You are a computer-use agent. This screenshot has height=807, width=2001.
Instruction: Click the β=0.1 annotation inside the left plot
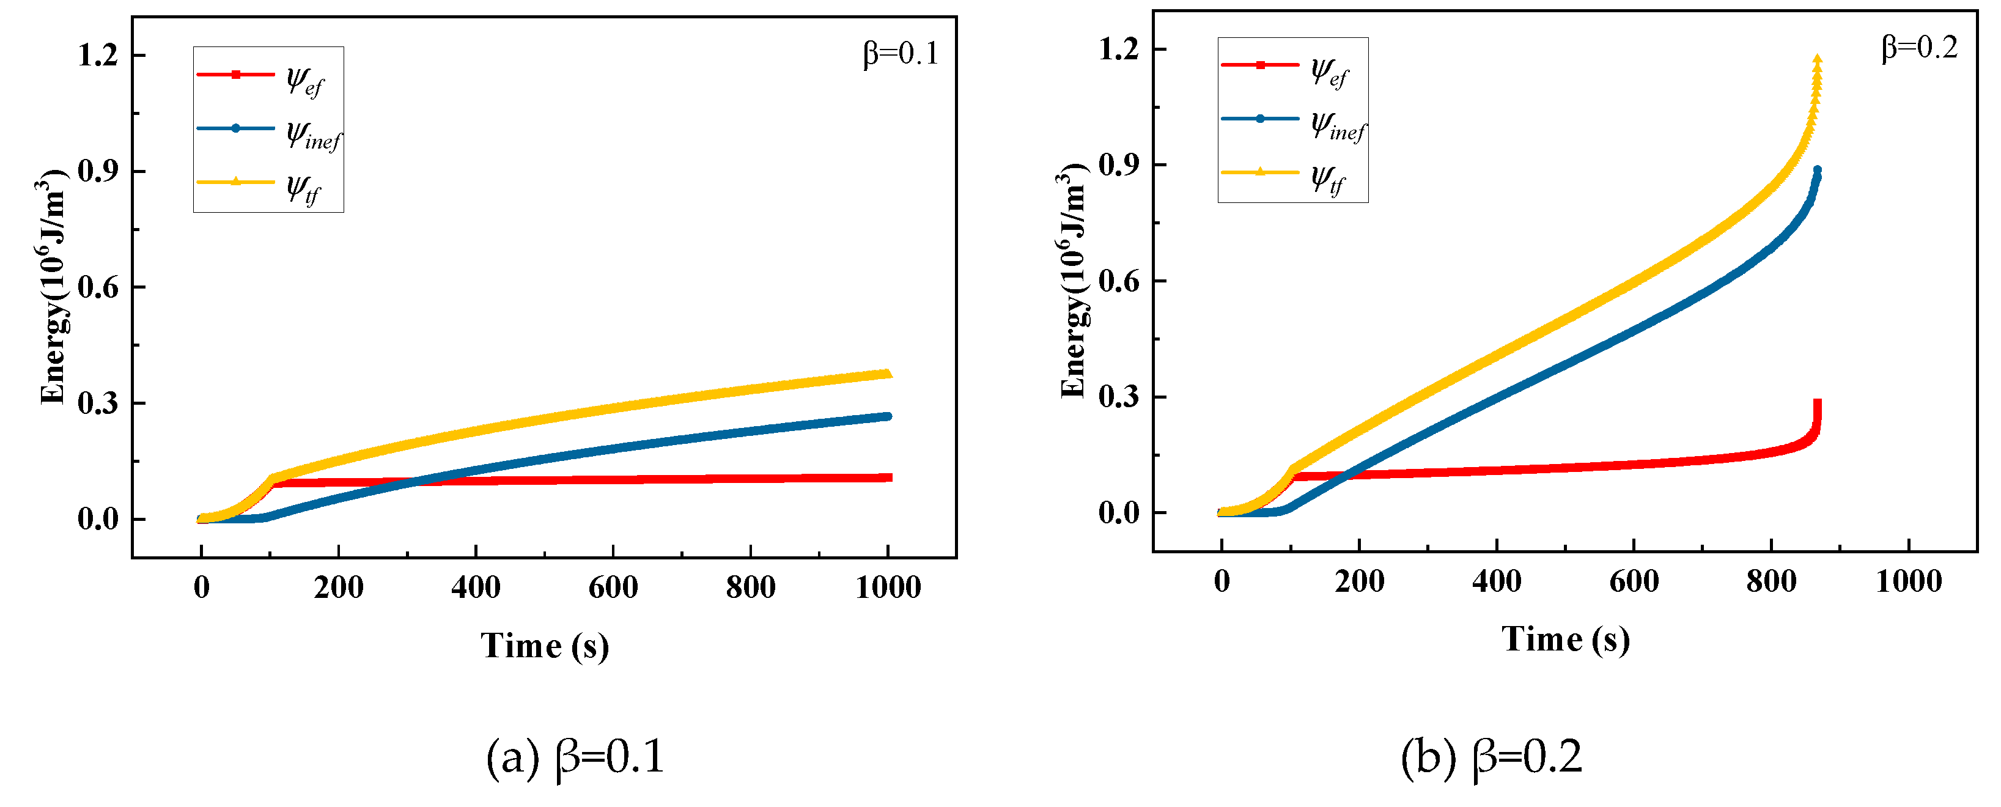tap(901, 54)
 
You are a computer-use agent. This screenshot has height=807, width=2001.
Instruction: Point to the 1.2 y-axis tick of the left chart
tap(98, 55)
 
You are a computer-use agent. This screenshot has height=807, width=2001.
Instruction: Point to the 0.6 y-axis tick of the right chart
tap(1119, 281)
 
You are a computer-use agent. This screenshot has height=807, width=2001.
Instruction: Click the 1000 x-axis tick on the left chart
tap(888, 587)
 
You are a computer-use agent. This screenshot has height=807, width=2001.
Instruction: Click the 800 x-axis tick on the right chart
tap(1771, 581)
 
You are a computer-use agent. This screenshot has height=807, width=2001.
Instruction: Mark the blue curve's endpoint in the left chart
tap(887, 416)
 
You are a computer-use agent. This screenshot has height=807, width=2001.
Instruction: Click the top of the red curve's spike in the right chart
tap(1817, 402)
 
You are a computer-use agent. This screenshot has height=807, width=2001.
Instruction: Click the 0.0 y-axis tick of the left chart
tap(98, 519)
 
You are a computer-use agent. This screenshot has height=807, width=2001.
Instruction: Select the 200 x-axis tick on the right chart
tap(1360, 581)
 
